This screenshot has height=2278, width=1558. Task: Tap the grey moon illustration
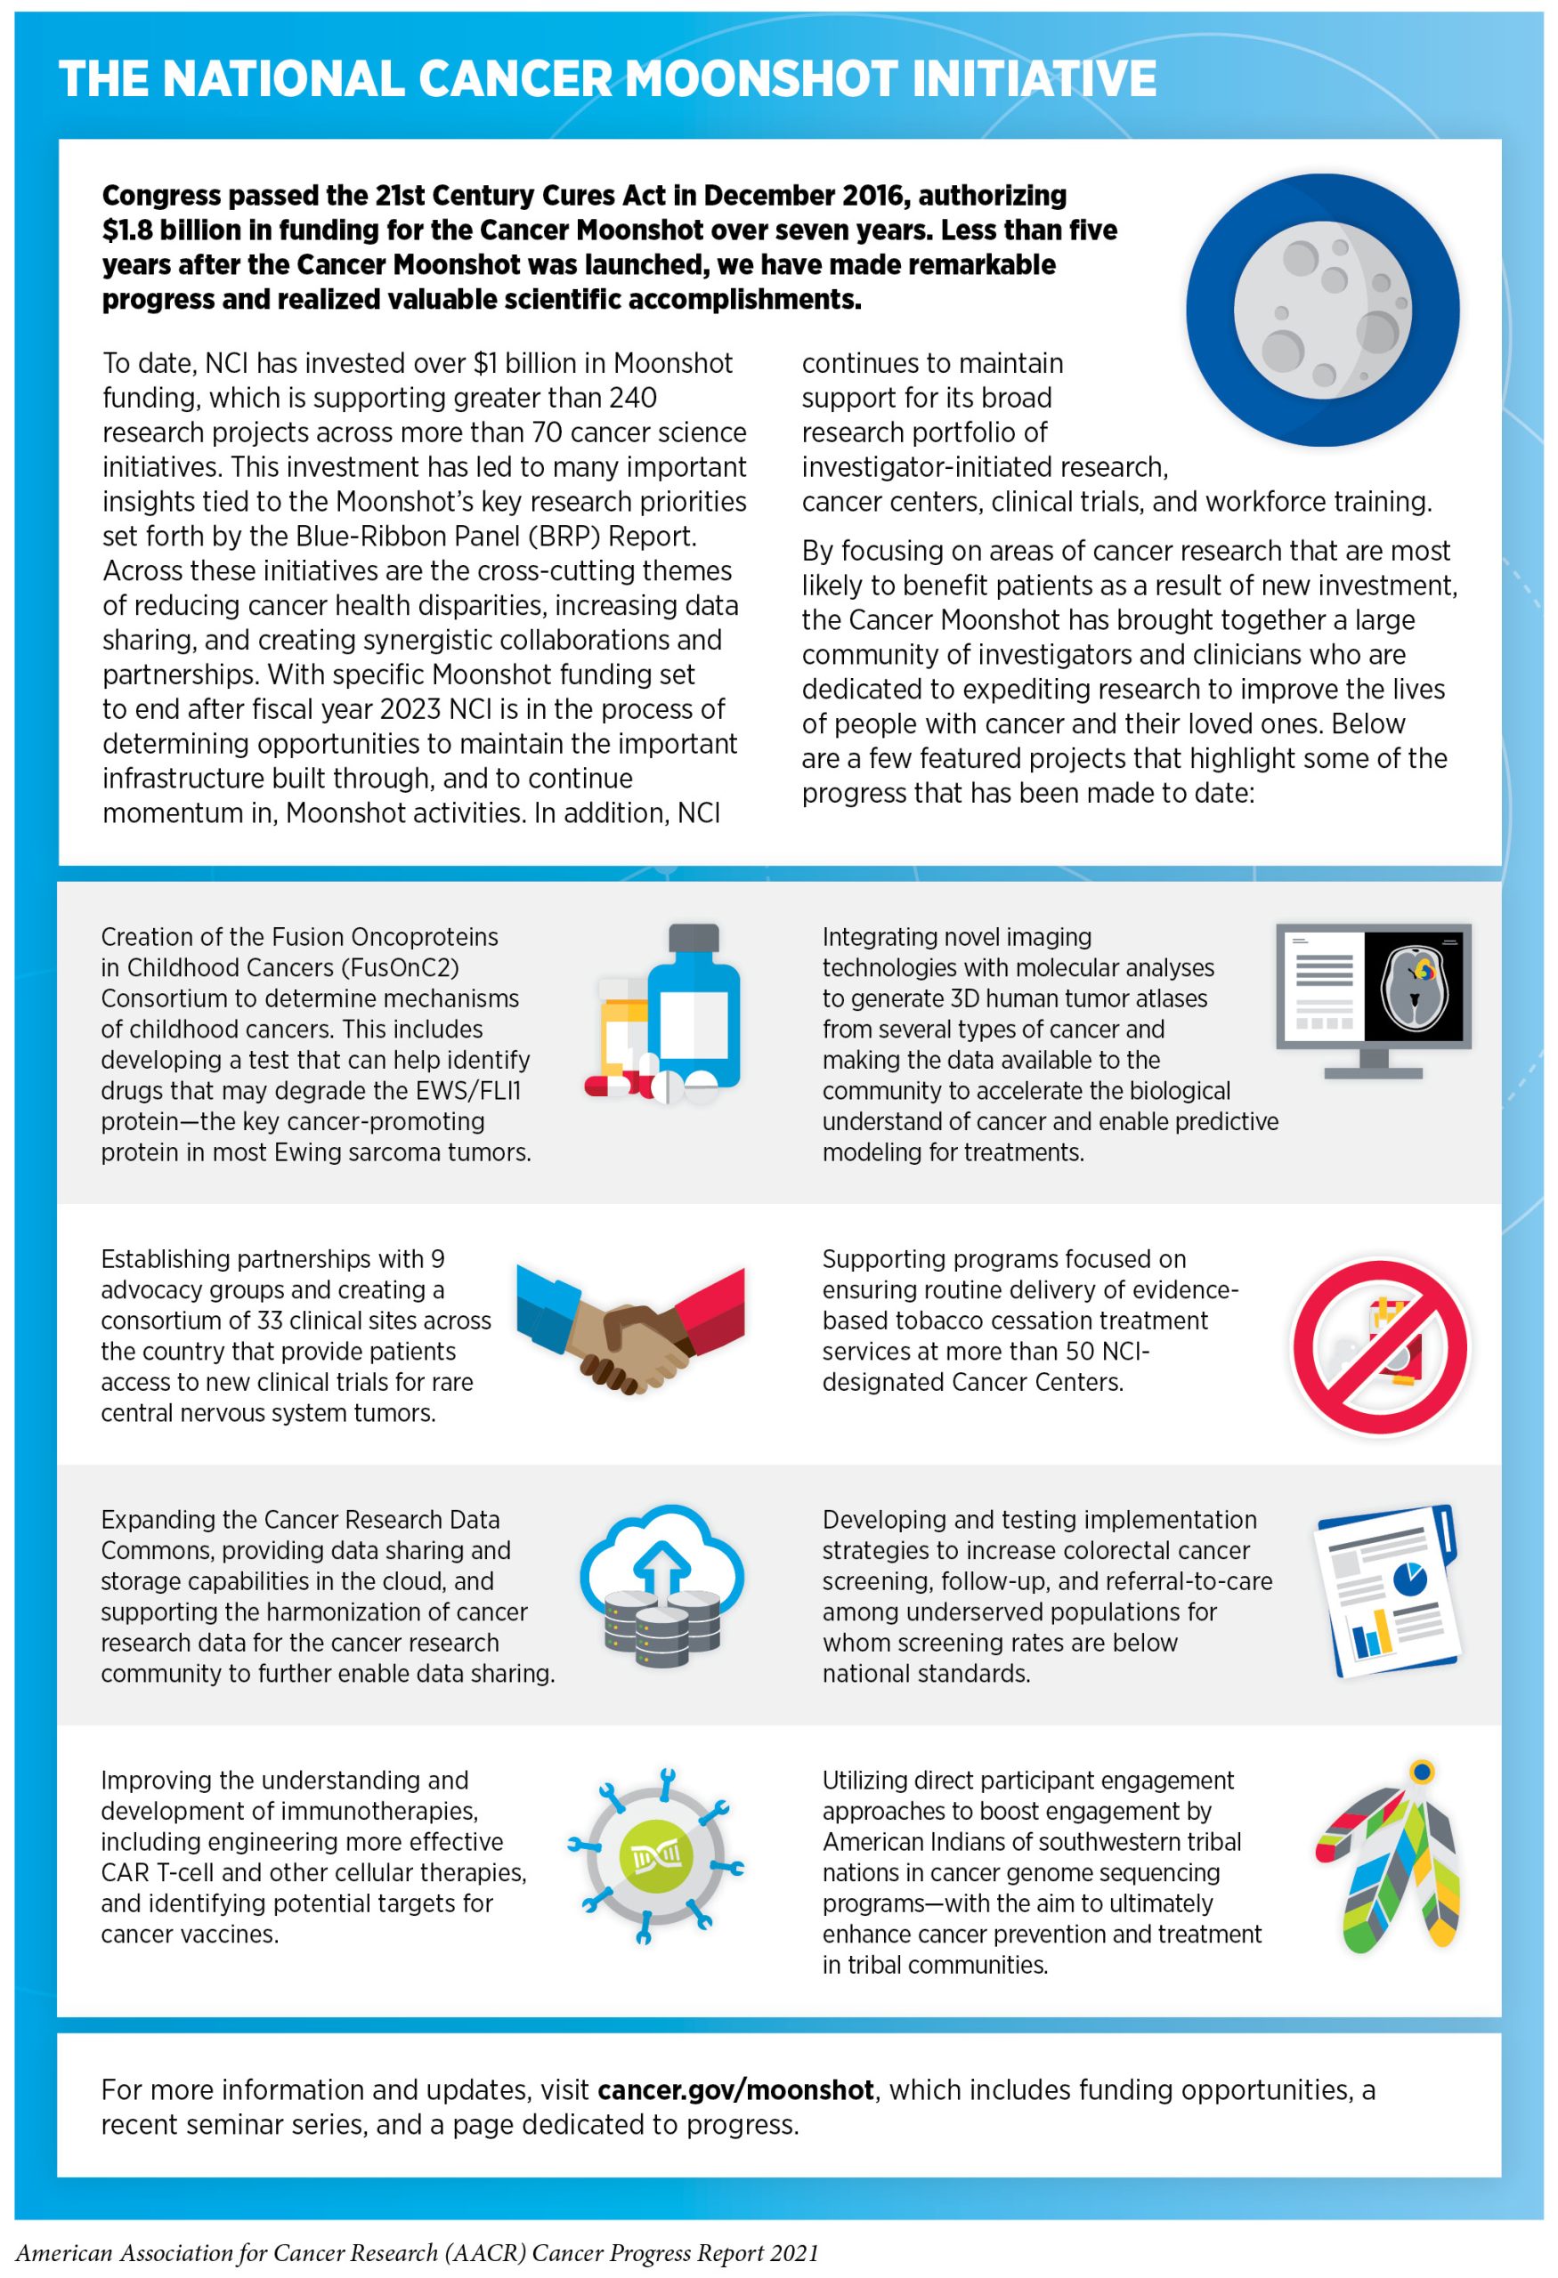[x=1322, y=310]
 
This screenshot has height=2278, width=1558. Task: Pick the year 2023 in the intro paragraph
[x=430, y=710]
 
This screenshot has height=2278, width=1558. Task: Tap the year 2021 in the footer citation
[x=791, y=2253]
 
